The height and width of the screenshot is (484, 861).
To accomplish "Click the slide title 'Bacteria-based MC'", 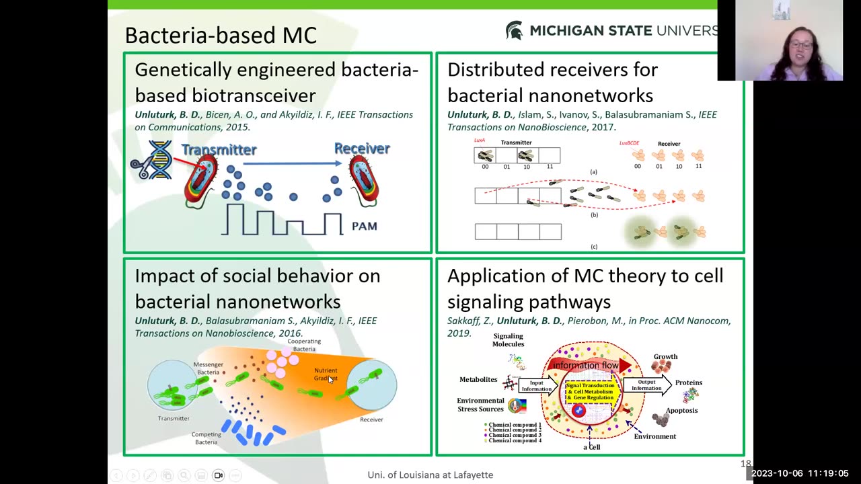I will pos(221,35).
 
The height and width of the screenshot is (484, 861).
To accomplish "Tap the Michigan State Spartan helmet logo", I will pos(514,30).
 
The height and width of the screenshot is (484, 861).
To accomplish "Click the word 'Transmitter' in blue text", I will pos(219,149).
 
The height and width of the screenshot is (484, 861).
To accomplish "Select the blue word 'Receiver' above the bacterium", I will pos(362,148).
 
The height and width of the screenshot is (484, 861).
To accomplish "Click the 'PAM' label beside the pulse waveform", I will pos(364,227).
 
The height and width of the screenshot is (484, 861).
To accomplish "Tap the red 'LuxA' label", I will pos(480,140).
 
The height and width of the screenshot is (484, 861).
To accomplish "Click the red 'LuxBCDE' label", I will pos(629,143).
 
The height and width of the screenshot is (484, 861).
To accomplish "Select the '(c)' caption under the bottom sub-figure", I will pos(593,247).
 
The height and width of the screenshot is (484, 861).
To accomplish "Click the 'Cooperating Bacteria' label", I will pos(304,345).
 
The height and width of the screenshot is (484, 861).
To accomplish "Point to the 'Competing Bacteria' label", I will pos(206,438).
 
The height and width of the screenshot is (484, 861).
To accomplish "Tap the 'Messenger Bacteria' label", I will pos(208,368).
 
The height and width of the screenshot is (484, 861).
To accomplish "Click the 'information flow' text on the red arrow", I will pos(585,366).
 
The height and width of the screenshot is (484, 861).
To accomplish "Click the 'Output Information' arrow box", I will pos(647,385).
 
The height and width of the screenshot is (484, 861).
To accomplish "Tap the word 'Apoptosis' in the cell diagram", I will pos(681,410).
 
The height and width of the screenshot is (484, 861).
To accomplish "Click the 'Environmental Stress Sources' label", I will pos(480,405).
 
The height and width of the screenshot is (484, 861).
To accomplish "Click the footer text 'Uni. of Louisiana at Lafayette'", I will pos(430,475).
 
